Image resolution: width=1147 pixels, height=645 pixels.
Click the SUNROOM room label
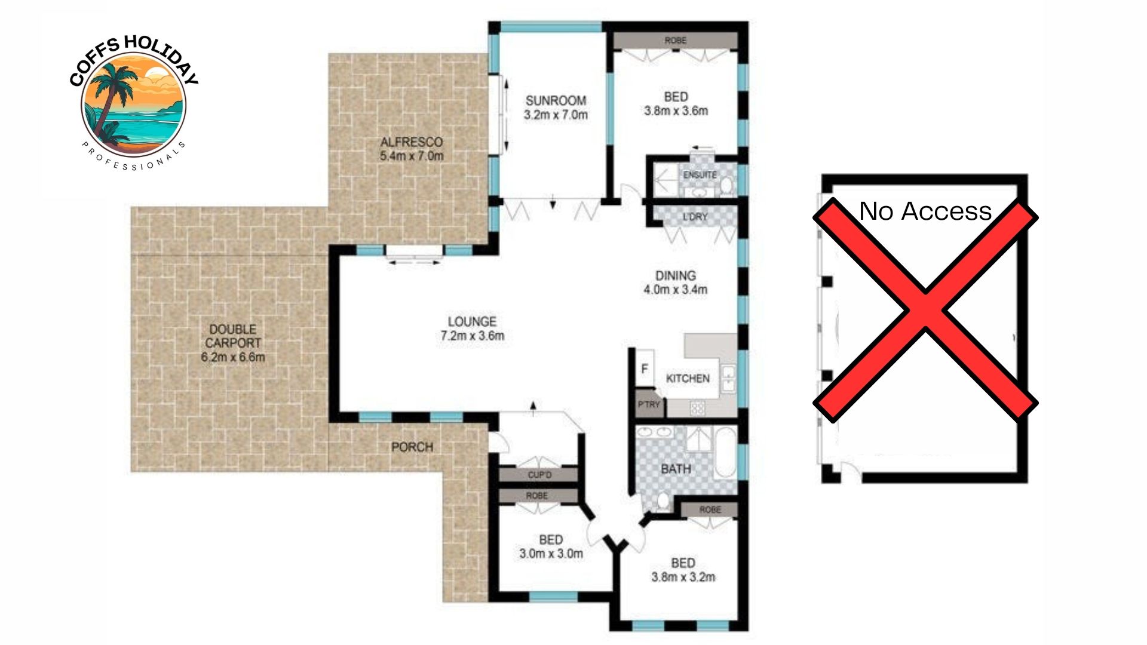[x=556, y=100]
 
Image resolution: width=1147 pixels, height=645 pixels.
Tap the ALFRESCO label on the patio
[x=412, y=142]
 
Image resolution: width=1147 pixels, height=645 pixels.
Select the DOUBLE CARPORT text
[x=233, y=336]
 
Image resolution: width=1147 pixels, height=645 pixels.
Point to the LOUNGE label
[x=472, y=321]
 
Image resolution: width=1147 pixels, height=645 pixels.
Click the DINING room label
[x=676, y=275]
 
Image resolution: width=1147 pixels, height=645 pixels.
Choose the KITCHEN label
[x=688, y=379]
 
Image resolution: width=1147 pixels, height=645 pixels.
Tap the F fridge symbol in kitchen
[x=645, y=368]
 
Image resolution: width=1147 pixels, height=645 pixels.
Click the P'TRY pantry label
[x=649, y=404]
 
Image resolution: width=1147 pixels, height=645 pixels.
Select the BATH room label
[x=676, y=469]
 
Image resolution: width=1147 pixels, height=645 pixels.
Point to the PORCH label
[x=412, y=447]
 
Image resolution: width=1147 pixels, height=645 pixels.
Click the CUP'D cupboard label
[x=539, y=475]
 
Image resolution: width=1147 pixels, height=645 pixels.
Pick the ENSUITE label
[x=700, y=175]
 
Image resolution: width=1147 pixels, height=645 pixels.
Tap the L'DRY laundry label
[x=695, y=217]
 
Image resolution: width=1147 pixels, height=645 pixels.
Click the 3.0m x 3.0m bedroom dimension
[x=551, y=554]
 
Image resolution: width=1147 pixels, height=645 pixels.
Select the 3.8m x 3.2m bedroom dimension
[x=683, y=577]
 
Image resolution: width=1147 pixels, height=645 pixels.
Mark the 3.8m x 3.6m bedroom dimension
[x=676, y=110]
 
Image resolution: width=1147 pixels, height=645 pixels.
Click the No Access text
[x=925, y=211]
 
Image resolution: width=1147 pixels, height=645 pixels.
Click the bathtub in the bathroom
[x=725, y=452]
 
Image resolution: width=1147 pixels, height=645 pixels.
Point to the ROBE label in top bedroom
[x=676, y=41]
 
